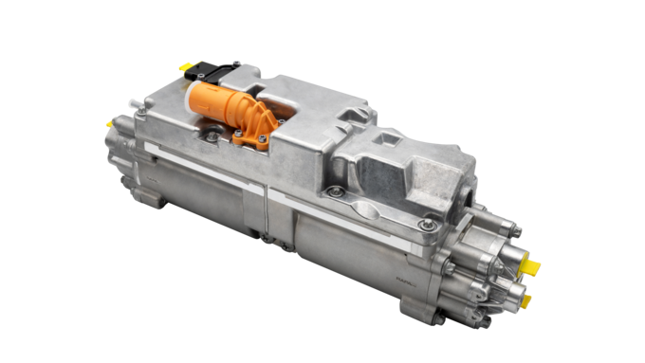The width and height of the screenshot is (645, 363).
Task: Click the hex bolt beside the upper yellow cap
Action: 511,227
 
